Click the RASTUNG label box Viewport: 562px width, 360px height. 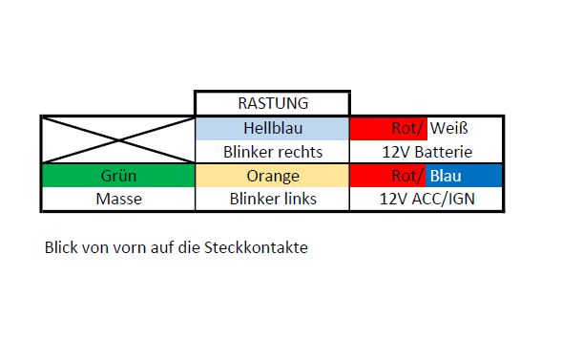[272, 103]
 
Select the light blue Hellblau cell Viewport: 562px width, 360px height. [272, 128]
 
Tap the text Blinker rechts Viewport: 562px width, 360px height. [273, 152]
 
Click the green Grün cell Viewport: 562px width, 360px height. [118, 176]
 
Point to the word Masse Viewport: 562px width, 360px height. [118, 199]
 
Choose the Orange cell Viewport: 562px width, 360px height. [272, 176]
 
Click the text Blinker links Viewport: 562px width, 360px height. [273, 199]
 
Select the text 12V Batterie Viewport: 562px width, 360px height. [427, 152]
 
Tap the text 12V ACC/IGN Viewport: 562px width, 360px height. [427, 199]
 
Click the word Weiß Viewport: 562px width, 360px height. [449, 128]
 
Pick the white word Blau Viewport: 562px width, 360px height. [446, 176]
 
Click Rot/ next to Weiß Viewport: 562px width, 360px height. [407, 128]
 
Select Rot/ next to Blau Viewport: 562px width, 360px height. [407, 176]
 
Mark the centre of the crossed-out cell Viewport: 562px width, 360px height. [118, 140]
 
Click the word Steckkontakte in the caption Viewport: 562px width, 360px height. [256, 247]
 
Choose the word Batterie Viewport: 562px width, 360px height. [444, 152]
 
